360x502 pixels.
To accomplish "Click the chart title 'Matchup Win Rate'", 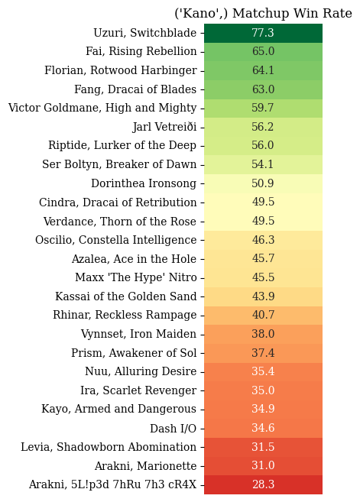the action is (292, 14).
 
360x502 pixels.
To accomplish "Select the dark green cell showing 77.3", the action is (263, 33).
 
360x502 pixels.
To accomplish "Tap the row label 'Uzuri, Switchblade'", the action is (144, 33).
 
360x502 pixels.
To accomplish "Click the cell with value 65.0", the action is (263, 51).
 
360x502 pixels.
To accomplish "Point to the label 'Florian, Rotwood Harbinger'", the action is (121, 70).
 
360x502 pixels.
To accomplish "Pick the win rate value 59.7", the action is (263, 108).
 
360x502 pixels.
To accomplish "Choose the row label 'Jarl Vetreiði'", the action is (164, 127).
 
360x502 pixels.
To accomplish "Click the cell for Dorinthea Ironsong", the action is (263, 183).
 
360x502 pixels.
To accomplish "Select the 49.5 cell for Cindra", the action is (263, 202).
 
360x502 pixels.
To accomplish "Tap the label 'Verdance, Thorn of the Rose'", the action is (120, 222).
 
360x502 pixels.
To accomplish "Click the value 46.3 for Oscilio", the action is (263, 240).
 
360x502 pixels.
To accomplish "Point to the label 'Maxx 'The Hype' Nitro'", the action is (136, 277).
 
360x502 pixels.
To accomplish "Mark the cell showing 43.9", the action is (263, 296).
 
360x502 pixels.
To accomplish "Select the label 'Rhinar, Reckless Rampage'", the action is (125, 315).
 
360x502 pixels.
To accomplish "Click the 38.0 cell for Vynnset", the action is (263, 334).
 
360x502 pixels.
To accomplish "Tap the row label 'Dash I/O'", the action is (173, 429).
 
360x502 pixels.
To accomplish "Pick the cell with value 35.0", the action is (263, 390).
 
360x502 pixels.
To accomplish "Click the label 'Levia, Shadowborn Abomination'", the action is (109, 447).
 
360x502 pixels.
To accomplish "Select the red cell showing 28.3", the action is (263, 484).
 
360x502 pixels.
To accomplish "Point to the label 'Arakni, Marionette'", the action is (145, 466).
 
